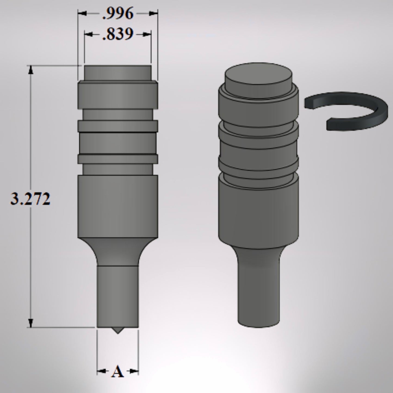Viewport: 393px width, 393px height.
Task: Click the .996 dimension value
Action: (x=118, y=14)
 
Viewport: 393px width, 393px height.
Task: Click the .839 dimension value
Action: (x=118, y=34)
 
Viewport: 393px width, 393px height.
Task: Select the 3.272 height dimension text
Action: (x=30, y=199)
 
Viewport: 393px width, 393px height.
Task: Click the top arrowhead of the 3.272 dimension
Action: (x=31, y=70)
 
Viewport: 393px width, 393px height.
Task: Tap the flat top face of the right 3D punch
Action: (x=258, y=75)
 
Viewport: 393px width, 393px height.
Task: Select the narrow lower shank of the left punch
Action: (x=117, y=296)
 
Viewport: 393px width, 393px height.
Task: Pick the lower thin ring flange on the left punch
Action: (x=117, y=159)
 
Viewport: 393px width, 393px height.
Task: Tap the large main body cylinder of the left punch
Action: (x=117, y=207)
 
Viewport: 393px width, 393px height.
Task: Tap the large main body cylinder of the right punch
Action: (x=258, y=212)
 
